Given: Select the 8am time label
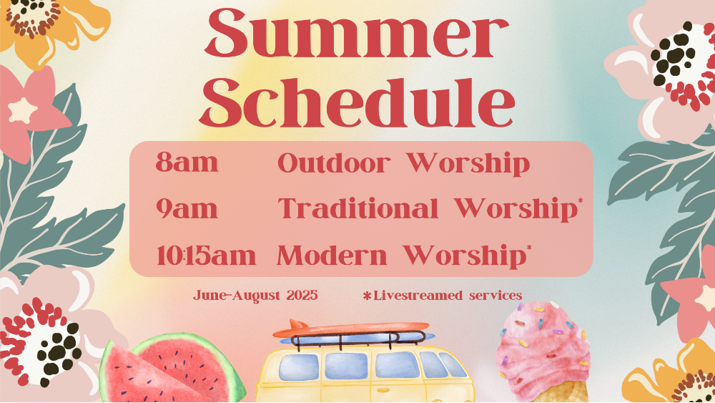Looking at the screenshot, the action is click(187, 162).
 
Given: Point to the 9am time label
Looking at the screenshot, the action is click(187, 208).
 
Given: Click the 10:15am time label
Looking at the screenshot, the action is click(206, 256).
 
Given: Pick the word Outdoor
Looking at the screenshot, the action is click(334, 163).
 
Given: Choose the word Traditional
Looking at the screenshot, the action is click(358, 208).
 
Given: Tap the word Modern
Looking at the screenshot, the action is click(332, 256).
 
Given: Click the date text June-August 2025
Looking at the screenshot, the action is click(255, 296).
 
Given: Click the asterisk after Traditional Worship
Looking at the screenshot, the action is click(580, 201).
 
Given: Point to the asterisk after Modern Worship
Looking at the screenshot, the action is click(529, 248).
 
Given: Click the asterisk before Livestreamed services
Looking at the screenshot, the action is click(367, 296).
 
